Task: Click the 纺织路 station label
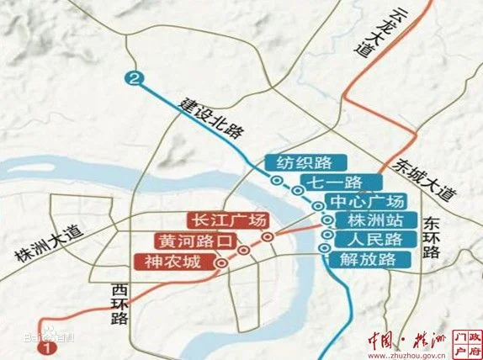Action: coord(300,162)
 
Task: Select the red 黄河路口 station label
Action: coord(192,241)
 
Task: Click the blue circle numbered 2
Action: coord(133,79)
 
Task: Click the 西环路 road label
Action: coord(119,304)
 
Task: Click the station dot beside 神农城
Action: coord(220,262)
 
